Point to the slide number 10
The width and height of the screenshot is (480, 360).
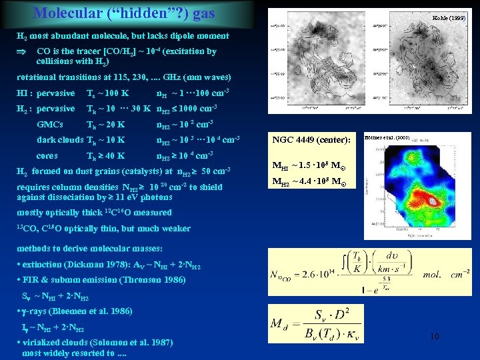pos(434,337)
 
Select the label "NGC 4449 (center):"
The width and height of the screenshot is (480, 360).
pos(311,140)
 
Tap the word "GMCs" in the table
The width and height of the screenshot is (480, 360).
pos(51,124)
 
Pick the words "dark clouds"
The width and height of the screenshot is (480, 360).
pos(60,139)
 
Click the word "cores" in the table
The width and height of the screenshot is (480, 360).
pos(47,155)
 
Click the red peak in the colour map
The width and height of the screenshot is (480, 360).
pos(432,201)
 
